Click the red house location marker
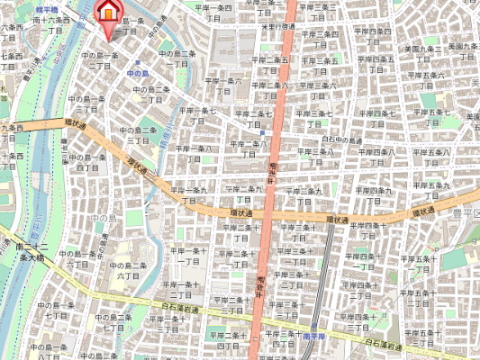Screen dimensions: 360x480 point(106,13)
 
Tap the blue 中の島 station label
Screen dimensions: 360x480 point(138,72)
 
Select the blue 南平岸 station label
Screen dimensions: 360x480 point(312,336)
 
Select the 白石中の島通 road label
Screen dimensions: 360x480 point(341,141)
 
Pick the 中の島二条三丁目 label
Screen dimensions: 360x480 point(137,135)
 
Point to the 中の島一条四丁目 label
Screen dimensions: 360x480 point(86,162)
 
